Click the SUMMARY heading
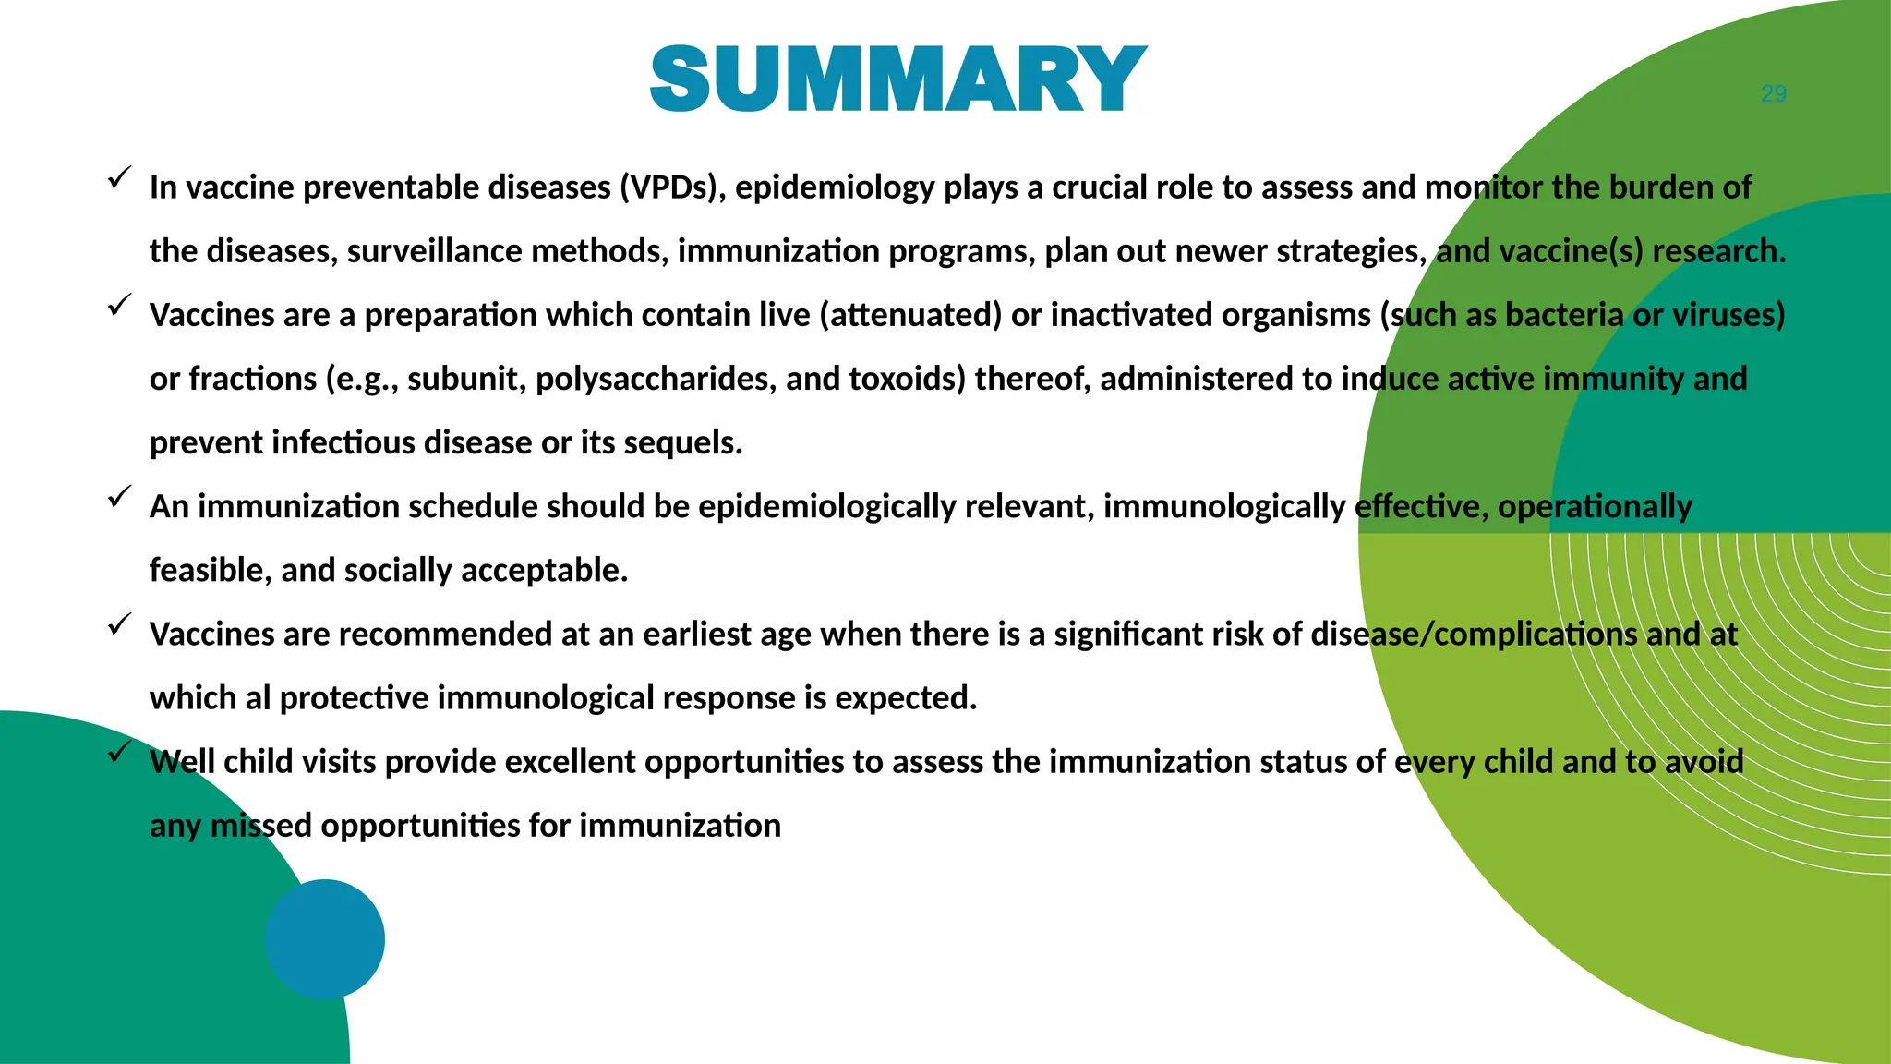point(897,79)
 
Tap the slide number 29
point(1773,94)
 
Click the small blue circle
point(325,938)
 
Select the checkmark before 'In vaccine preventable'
point(119,177)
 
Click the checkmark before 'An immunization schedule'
point(119,497)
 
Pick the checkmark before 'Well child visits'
point(119,752)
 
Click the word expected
point(905,698)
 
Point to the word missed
point(260,826)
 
